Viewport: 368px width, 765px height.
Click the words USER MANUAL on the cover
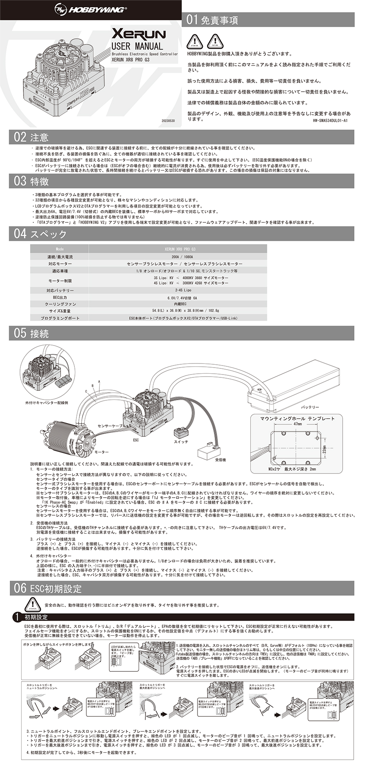tap(137, 46)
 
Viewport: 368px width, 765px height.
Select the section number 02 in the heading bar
tap(20, 137)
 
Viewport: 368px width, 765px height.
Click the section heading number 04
tap(20, 233)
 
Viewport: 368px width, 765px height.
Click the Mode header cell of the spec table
tap(60, 249)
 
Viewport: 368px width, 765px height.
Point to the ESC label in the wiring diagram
tap(136, 440)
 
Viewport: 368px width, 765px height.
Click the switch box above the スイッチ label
tap(180, 433)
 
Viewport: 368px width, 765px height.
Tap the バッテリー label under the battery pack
tap(310, 407)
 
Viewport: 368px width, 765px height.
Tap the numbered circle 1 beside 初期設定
tap(16, 617)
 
